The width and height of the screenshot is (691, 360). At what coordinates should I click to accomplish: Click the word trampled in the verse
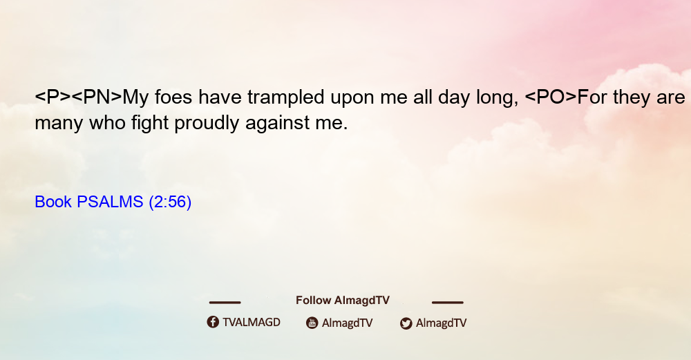tap(285, 97)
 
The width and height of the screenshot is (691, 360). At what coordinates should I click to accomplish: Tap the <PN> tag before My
tap(97, 97)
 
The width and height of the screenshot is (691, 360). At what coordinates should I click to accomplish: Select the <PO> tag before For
tap(551, 97)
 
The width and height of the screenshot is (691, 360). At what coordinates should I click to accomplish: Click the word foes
tap(173, 97)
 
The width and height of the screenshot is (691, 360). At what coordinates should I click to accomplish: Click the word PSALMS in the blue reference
tap(110, 202)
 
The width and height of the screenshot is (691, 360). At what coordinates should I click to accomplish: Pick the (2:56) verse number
tap(170, 202)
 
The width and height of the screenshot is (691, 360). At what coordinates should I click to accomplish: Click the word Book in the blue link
tap(53, 202)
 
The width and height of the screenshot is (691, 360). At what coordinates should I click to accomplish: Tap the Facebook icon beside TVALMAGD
tap(213, 322)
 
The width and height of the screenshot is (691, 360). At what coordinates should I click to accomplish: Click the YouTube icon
tap(312, 323)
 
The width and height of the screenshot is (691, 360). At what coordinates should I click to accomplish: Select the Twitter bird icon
tap(406, 323)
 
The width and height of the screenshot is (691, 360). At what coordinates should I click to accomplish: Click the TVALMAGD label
tap(252, 322)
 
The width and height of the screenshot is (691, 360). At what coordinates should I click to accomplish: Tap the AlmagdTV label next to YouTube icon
tap(348, 323)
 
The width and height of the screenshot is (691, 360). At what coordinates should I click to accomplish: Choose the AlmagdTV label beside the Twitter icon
tap(441, 323)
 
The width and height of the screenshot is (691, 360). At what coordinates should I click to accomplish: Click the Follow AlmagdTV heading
tap(343, 300)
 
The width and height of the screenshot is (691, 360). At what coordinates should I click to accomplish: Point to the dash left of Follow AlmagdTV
tap(225, 302)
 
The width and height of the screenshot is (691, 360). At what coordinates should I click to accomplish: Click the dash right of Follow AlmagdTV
tap(448, 302)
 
